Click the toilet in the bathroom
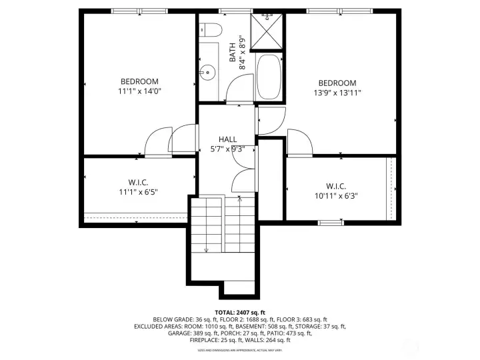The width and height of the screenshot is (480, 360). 210,29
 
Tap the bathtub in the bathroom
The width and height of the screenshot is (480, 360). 269,77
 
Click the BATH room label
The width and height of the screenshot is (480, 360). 233,53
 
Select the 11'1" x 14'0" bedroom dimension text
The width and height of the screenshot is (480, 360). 139,92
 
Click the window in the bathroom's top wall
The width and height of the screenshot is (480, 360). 231,11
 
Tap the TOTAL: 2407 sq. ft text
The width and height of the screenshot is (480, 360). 239,312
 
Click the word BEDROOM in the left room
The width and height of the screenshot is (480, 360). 139,82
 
